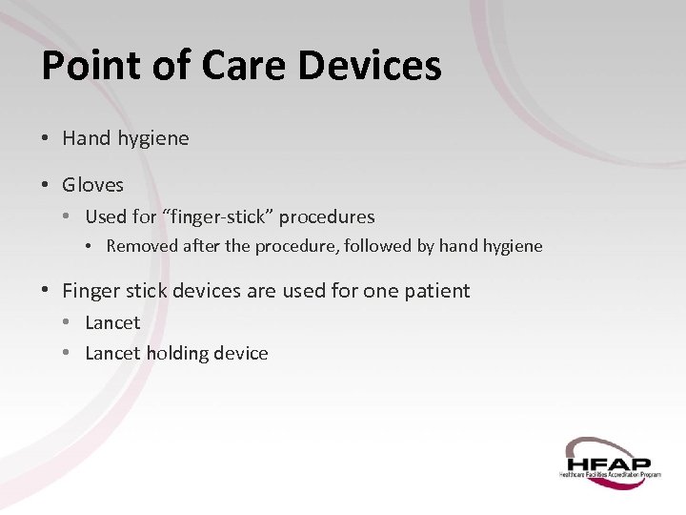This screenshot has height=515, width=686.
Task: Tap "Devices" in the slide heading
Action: pos(370,66)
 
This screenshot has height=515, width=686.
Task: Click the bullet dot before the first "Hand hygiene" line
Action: pos(46,138)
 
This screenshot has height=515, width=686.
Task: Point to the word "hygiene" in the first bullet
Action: pos(153,139)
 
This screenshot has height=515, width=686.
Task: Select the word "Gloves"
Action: pos(92,185)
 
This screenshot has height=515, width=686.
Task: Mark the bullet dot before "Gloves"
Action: pos(46,185)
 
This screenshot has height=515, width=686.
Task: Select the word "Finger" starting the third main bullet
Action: pos(91,290)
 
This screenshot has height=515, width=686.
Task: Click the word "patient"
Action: pos(435,291)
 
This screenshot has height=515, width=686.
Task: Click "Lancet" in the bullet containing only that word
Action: pos(112,322)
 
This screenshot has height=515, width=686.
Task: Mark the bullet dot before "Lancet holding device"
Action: pos(68,353)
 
